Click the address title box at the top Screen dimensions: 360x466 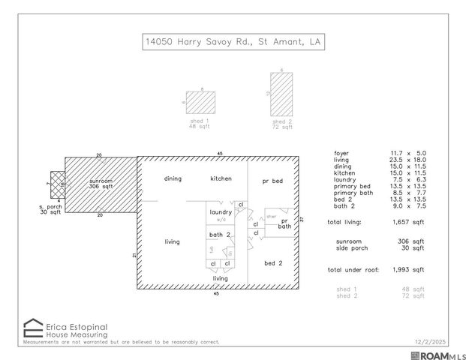(233, 42)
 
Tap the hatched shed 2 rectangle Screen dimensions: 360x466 (281, 94)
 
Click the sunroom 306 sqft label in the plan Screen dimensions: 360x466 (101, 184)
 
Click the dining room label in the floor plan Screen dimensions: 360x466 (173, 178)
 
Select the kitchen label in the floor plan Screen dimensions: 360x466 (221, 178)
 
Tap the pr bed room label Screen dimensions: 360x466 (272, 181)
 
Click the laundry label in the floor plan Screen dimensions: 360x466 (221, 212)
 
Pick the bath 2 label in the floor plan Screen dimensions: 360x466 (219, 235)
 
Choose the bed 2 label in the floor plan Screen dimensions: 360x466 (273, 263)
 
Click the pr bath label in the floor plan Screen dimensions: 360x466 (285, 223)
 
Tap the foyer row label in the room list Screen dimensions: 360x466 (341, 153)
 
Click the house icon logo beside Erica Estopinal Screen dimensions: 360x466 (33, 328)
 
